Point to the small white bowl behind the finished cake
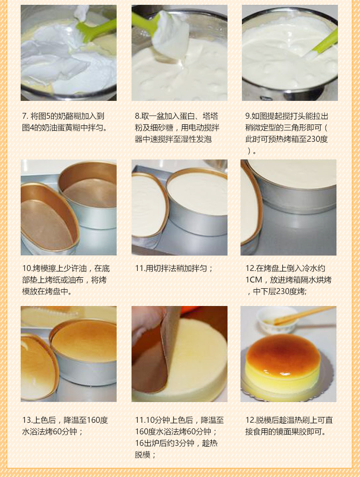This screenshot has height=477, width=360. pyautogui.click(x=276, y=320)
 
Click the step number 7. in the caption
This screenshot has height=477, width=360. pyautogui.click(x=25, y=116)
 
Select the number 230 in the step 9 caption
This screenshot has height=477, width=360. pyautogui.click(x=313, y=139)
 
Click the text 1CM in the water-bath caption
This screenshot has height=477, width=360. pyautogui.click(x=253, y=280)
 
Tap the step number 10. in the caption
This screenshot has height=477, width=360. pyautogui.click(x=27, y=269)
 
